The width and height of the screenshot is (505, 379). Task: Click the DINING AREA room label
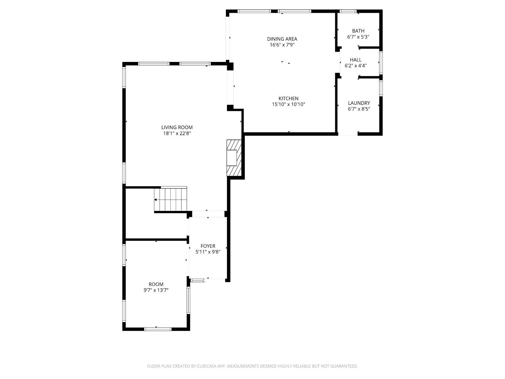(x=282, y=39)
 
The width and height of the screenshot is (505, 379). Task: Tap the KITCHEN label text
(x=288, y=98)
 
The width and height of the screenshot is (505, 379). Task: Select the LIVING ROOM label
(x=177, y=127)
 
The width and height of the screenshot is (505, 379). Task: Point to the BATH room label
(x=358, y=31)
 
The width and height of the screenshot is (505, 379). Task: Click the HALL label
(x=356, y=60)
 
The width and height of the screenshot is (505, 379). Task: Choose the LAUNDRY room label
(x=359, y=103)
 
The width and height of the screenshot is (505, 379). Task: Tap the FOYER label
(x=208, y=246)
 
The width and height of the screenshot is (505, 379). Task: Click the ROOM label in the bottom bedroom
(x=156, y=284)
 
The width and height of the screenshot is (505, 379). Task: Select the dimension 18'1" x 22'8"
(x=177, y=133)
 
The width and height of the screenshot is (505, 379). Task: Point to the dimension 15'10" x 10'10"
(x=288, y=104)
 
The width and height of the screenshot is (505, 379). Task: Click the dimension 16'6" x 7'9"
(x=282, y=45)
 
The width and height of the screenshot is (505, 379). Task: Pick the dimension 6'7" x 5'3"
(x=358, y=37)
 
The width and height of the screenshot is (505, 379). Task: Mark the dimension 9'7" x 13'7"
(x=156, y=290)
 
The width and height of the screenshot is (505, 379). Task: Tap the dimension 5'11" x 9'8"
(x=208, y=252)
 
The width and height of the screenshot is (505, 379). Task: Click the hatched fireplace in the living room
(x=234, y=158)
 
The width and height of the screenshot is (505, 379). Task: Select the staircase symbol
(x=171, y=199)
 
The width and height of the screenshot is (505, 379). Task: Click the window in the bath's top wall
(x=348, y=11)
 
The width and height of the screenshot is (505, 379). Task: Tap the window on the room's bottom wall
(x=158, y=329)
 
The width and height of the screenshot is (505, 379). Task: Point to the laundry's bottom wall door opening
(x=348, y=134)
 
